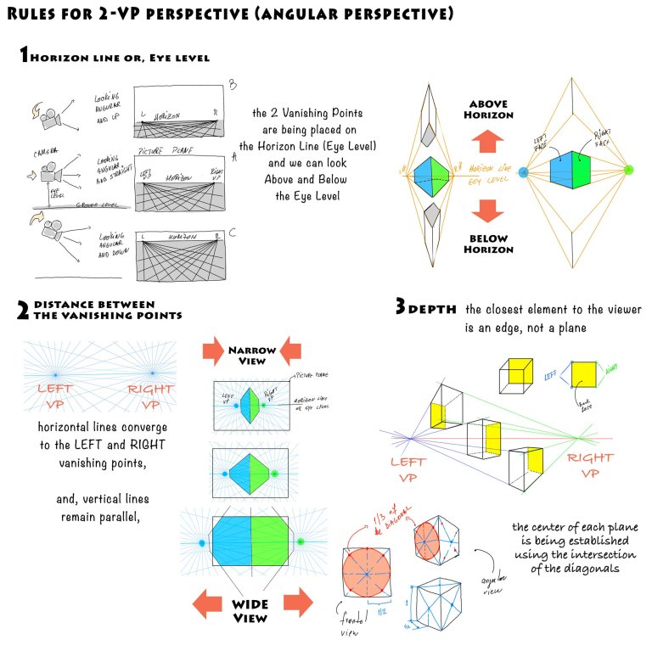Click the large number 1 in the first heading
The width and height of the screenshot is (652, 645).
[x=25, y=56]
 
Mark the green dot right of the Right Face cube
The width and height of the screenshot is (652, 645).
[x=628, y=171]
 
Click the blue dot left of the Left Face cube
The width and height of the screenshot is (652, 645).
[x=523, y=171]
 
